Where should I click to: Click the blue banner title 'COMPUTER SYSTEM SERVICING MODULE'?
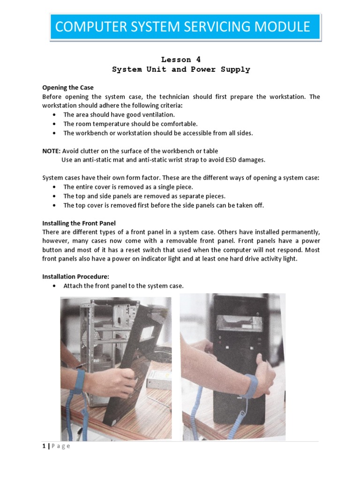tap(182, 26)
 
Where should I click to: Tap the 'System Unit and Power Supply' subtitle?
tap(181, 69)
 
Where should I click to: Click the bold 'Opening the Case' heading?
tap(68, 88)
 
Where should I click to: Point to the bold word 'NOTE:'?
tap(51, 151)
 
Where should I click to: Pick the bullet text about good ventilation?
tap(119, 115)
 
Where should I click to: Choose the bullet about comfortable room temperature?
tap(130, 124)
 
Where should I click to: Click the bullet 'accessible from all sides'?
tap(157, 133)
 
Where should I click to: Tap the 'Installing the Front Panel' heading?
tap(79, 223)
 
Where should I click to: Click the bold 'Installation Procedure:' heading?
tap(75, 277)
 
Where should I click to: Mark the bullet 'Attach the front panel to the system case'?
tap(123, 286)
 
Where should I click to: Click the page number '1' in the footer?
tap(44, 446)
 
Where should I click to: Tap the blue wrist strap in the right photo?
tap(251, 387)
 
